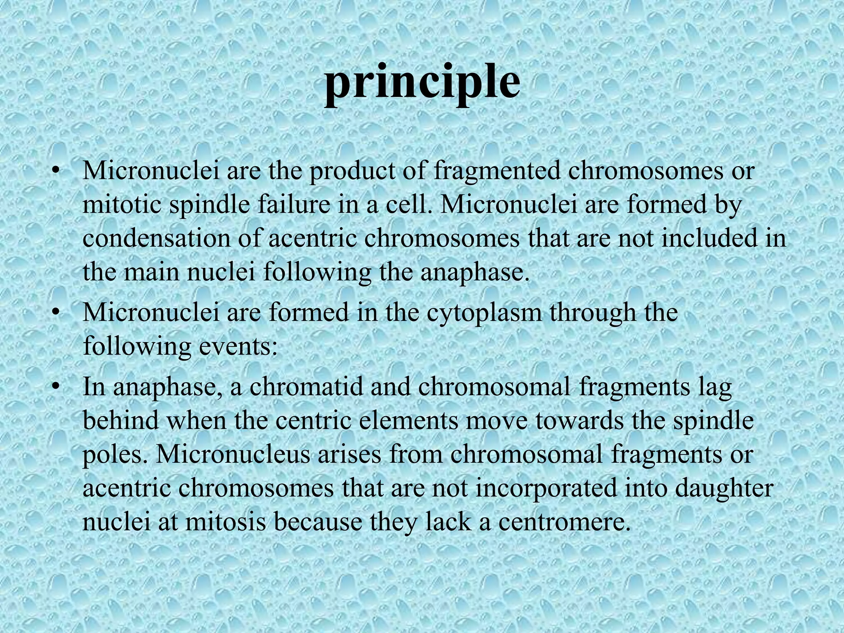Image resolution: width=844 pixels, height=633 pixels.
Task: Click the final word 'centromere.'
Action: tap(564, 522)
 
